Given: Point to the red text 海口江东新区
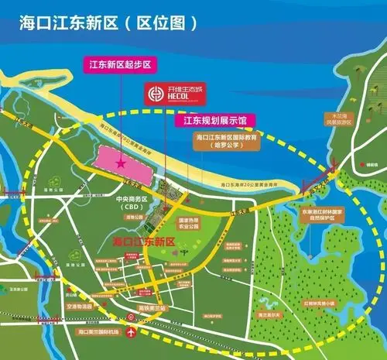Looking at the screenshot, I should pos(144,243).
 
